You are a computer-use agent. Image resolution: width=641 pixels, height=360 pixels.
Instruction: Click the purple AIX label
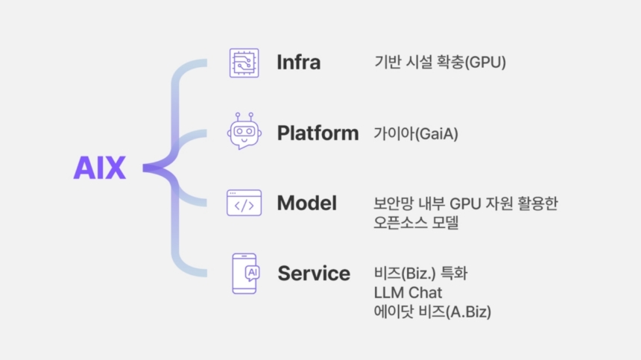point(100,168)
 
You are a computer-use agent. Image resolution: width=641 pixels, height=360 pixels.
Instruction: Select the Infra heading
point(298,62)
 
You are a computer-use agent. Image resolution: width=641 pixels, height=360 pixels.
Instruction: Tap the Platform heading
point(318,133)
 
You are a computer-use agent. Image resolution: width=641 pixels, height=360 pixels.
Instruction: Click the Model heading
point(307,203)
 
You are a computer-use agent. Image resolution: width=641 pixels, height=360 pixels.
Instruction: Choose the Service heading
point(314,274)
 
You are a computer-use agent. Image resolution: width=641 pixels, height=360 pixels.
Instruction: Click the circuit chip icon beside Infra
point(244,63)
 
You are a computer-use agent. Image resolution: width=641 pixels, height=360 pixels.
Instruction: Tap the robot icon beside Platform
point(244,131)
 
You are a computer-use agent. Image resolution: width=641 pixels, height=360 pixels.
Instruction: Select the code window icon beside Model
point(244,203)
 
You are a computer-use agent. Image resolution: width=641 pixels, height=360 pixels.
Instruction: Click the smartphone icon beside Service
point(246,274)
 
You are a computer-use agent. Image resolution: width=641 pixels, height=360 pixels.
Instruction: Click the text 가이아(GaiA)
point(416,133)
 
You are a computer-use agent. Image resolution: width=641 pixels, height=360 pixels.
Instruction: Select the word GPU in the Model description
point(464,203)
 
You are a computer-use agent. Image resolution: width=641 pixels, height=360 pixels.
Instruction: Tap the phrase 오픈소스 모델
point(416,222)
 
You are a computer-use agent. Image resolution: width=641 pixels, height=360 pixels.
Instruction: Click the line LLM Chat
point(408,293)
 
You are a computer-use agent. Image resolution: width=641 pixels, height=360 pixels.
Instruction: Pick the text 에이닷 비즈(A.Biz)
point(432,312)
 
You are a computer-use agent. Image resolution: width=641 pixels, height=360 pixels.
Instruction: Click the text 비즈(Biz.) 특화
point(420,274)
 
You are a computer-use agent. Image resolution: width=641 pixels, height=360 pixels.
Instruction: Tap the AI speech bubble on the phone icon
point(252,273)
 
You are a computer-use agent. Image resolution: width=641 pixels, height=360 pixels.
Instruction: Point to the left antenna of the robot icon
point(238,117)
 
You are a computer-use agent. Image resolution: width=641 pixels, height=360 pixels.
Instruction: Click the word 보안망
point(394,203)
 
